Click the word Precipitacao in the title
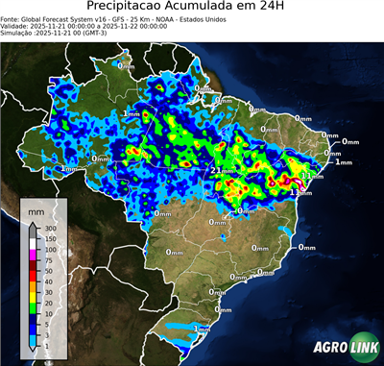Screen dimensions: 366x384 [127, 9]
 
